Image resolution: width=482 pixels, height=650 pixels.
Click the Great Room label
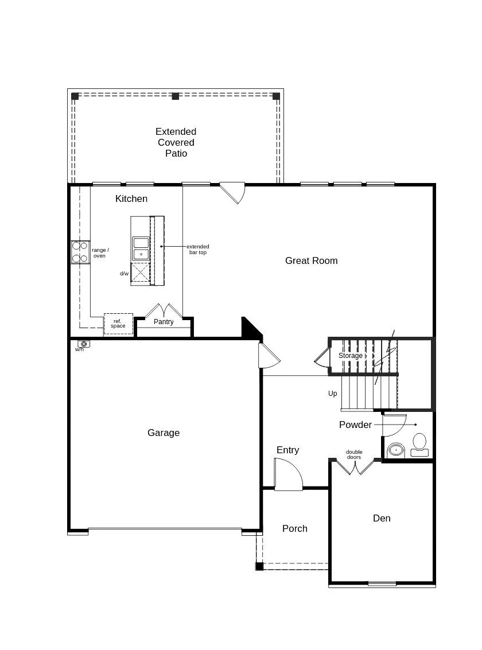coord(311,260)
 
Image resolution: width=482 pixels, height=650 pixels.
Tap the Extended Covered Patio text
coord(176,142)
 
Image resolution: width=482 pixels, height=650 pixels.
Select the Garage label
coord(164,433)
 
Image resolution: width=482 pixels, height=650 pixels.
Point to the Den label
coord(382,518)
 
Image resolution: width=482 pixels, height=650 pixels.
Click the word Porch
coord(295,528)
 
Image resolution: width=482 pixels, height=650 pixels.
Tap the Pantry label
coord(164,322)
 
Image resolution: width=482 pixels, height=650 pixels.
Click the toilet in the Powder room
coord(419,444)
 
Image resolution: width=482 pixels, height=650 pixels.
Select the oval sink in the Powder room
coord(396,449)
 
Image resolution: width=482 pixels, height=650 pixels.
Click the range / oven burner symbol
coord(80,252)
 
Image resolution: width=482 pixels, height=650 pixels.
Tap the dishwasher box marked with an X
coord(141,273)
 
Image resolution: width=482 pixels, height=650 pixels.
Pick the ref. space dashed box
coord(118,324)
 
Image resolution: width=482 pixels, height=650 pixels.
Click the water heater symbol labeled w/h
coord(83,344)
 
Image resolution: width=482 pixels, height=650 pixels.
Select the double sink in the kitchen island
coord(141,248)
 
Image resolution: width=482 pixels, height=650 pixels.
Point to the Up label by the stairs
coord(333,394)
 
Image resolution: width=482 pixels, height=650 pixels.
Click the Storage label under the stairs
coord(350,356)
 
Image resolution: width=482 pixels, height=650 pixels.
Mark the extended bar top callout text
coord(197,250)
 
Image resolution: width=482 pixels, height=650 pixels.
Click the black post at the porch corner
coord(259,566)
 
